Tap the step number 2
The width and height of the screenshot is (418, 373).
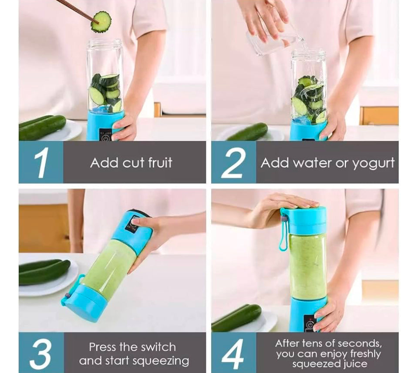click(x=233, y=162)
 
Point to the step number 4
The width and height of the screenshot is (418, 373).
click(x=233, y=353)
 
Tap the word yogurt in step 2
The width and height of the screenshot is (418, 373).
click(x=373, y=163)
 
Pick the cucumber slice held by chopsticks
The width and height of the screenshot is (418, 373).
click(x=101, y=22)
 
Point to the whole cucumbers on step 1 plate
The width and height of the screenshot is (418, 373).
click(x=42, y=128)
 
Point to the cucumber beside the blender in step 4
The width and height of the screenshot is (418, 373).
click(x=237, y=318)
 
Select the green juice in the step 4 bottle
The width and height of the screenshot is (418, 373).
click(x=307, y=265)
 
